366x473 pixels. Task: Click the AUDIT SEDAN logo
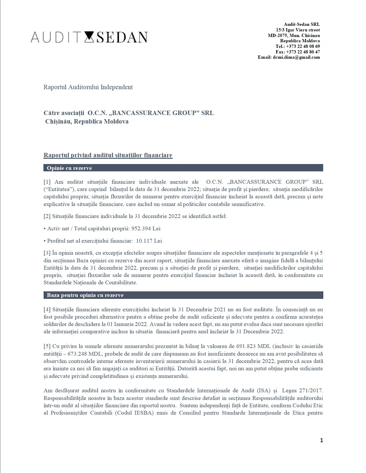coord(89,37)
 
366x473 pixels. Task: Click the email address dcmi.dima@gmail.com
coord(296,57)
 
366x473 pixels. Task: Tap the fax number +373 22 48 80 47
coord(303,52)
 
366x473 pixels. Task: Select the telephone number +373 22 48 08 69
coord(303,46)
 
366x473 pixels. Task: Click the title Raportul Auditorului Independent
coord(88,87)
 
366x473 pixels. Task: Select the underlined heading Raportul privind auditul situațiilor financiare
coord(108,155)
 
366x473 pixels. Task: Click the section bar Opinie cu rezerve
coord(183,168)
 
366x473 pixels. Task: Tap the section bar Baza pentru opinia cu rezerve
coord(183,295)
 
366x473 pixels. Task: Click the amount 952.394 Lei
coord(146,228)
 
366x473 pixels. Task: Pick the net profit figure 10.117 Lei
coord(149,241)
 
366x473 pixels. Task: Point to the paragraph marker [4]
coord(47,309)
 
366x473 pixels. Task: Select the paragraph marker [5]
coord(47,346)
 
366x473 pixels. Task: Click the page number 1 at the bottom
coord(321,440)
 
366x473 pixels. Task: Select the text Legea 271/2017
coord(302,391)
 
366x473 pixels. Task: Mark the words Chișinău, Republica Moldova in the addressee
coord(87,121)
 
